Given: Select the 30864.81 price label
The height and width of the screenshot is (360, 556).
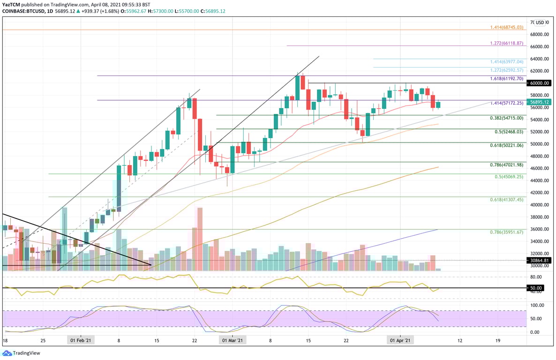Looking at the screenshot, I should pyautogui.click(x=540, y=260).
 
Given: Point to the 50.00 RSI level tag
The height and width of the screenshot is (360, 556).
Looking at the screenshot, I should pyautogui.click(x=536, y=288).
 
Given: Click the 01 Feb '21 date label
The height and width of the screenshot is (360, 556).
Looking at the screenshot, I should pyautogui.click(x=81, y=340).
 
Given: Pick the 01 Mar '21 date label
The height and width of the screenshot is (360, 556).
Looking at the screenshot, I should pyautogui.click(x=233, y=340).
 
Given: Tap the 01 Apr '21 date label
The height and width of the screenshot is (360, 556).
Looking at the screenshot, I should pyautogui.click(x=400, y=340).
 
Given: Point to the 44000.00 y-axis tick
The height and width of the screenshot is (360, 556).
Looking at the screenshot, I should pyautogui.click(x=540, y=180).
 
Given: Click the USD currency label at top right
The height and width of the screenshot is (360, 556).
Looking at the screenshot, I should pyautogui.click(x=541, y=22).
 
